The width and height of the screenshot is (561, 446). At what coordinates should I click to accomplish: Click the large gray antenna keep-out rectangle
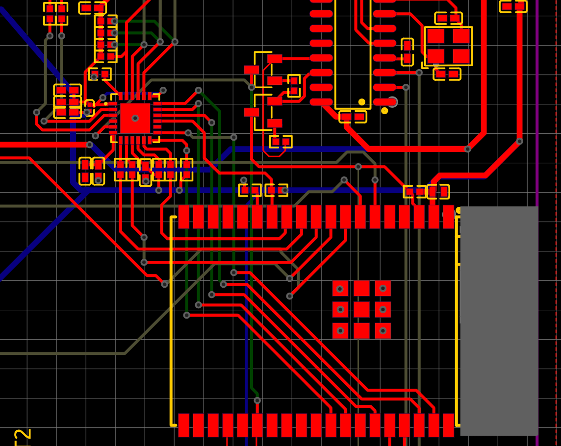(499, 321)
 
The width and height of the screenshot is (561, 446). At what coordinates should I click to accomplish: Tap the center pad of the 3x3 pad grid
(361, 309)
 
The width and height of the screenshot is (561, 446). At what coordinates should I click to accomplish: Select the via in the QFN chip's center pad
(135, 118)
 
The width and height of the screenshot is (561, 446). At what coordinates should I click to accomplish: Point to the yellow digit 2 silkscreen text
(23, 436)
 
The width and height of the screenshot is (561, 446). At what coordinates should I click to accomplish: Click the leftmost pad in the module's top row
(183, 217)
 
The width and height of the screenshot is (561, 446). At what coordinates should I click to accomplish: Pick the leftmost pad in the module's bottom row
(183, 425)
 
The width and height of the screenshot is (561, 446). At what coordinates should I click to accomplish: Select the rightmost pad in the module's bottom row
(448, 425)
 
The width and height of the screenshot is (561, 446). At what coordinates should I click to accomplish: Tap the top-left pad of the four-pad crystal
(435, 36)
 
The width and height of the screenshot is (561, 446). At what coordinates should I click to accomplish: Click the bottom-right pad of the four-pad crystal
(461, 56)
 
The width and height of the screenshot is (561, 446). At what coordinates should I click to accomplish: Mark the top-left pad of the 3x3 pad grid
(340, 288)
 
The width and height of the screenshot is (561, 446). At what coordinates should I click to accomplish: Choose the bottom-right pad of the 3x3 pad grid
(383, 330)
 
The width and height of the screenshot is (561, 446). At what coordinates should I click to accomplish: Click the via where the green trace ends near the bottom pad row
(257, 400)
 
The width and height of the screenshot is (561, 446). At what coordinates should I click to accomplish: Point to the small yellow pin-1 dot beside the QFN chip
(106, 104)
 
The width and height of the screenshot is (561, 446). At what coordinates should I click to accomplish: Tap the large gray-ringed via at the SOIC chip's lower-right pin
(392, 102)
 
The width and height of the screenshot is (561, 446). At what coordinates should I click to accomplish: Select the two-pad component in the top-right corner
(513, 6)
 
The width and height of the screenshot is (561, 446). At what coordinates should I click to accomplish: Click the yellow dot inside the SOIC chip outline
(362, 102)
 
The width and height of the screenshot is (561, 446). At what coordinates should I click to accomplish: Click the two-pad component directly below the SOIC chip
(353, 117)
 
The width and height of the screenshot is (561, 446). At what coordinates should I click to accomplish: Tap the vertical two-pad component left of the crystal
(407, 52)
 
